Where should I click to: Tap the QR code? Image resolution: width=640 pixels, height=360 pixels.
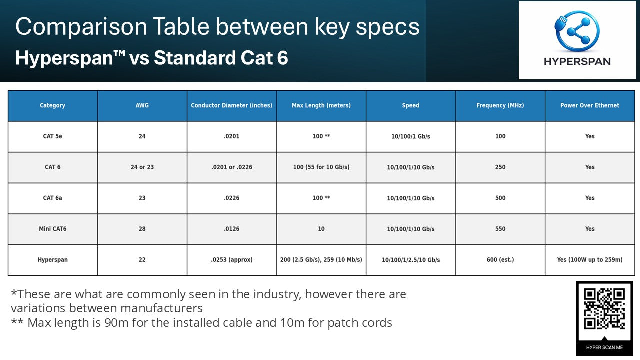604,308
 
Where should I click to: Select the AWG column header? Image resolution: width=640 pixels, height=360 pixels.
142,105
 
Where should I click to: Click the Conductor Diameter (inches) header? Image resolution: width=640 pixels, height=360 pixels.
232,105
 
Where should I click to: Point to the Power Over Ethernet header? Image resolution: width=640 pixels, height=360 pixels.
590,105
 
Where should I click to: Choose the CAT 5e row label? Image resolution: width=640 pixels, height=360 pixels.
52,136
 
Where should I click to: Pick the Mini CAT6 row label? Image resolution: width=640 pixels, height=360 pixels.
52,229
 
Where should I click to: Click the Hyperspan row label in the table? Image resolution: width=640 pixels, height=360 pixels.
52,260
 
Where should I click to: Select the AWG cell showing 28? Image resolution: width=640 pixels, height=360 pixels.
142,229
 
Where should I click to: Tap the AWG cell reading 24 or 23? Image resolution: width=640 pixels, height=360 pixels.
142,167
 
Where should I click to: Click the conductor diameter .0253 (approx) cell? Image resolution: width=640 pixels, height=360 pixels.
232,260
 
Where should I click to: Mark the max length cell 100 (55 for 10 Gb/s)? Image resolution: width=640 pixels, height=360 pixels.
321,167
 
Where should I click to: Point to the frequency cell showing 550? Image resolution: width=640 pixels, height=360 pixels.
500,229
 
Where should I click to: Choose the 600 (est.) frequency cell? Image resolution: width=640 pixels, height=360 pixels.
500,260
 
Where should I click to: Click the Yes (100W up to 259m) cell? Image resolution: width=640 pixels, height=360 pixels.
590,260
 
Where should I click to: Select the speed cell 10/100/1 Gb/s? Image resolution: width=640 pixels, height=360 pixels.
411,136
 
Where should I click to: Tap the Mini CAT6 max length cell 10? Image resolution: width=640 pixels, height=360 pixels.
321,229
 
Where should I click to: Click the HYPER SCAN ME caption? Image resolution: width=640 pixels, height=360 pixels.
604,347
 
